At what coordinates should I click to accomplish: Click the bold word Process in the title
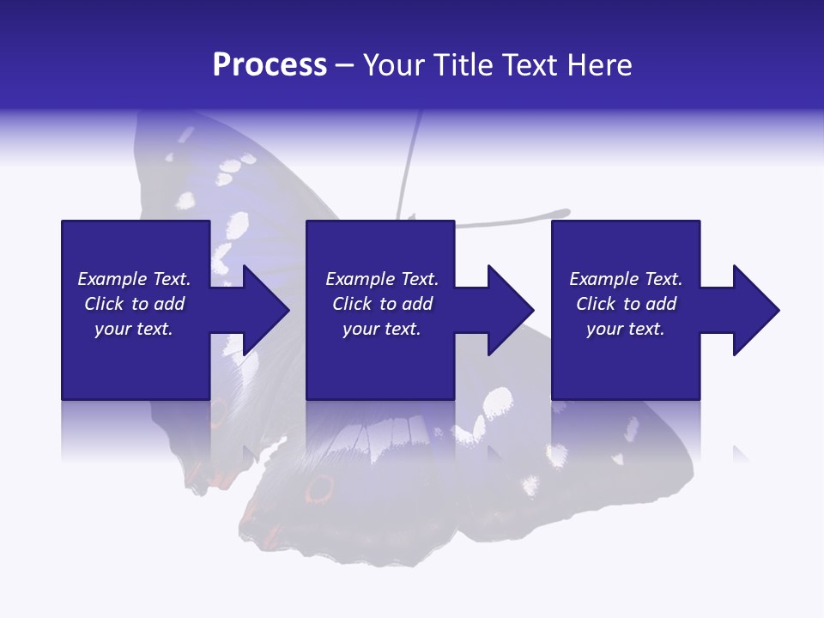click(x=270, y=64)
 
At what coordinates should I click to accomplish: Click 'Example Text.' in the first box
click(x=134, y=278)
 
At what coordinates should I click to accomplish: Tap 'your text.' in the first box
click(x=134, y=329)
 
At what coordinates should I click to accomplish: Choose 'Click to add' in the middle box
click(x=382, y=303)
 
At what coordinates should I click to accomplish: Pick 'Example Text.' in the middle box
click(x=382, y=278)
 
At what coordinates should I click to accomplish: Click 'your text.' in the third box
click(x=626, y=329)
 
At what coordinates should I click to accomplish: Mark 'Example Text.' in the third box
click(x=626, y=278)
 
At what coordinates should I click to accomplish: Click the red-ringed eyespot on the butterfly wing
click(x=319, y=488)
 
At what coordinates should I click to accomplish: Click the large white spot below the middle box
click(x=497, y=403)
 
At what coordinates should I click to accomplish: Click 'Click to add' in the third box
click(x=626, y=303)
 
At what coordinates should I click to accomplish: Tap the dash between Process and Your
click(x=344, y=65)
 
